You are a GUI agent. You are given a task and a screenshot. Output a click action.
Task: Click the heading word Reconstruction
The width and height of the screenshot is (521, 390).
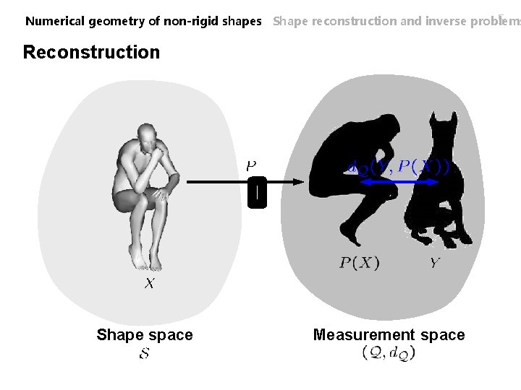tap(91, 52)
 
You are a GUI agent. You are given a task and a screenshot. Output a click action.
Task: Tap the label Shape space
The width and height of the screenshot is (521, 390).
tap(145, 334)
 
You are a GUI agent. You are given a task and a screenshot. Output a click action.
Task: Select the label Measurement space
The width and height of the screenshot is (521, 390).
tap(389, 334)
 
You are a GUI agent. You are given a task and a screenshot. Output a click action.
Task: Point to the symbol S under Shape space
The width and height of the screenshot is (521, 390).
tap(145, 355)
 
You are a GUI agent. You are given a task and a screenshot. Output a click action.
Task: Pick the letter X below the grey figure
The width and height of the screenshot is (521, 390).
tap(148, 284)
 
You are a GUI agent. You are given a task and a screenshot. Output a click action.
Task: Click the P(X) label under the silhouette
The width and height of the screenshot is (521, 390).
tap(360, 263)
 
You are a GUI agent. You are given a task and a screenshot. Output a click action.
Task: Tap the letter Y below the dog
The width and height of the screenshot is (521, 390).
tap(433, 263)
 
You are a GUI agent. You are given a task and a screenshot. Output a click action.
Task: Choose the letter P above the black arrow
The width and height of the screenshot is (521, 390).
tap(251, 166)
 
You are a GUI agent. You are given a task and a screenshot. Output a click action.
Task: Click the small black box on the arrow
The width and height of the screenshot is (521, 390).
tap(257, 193)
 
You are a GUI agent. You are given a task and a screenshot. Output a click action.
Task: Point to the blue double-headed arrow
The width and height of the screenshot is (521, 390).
tap(397, 184)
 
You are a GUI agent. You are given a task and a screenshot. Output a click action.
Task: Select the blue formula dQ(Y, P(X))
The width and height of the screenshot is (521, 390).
tap(398, 168)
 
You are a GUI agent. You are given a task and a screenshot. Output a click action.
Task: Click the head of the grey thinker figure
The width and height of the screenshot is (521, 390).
tap(149, 136)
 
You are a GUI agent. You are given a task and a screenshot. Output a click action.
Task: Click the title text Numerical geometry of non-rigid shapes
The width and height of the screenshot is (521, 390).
tap(143, 21)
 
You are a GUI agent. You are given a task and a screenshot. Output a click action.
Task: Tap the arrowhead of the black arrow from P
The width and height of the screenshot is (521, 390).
tap(294, 183)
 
